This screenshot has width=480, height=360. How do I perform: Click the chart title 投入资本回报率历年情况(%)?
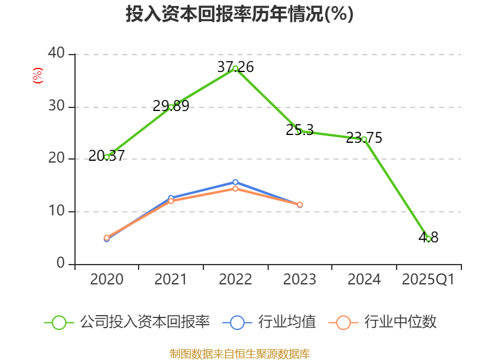click(240, 14)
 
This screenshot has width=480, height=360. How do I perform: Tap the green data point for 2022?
click(235, 68)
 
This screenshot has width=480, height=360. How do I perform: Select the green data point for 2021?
click(171, 107)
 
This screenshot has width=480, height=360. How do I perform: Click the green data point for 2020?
click(107, 157)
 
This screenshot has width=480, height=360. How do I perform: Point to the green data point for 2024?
click(364, 139)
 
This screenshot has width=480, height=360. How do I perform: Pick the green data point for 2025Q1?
click(428, 239)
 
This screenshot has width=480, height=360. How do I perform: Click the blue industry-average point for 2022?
click(235, 182)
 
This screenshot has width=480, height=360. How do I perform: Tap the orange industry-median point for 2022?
click(235, 188)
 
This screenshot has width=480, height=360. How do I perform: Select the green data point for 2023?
click(299, 131)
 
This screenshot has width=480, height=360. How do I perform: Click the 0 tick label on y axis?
click(61, 263)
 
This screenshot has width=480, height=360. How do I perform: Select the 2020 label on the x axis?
click(107, 280)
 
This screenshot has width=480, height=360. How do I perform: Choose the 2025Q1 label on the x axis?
click(428, 280)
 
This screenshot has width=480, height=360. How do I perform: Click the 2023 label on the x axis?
click(299, 280)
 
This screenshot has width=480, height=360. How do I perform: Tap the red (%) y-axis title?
click(38, 76)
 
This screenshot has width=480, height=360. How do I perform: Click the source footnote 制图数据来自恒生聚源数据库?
click(240, 353)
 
